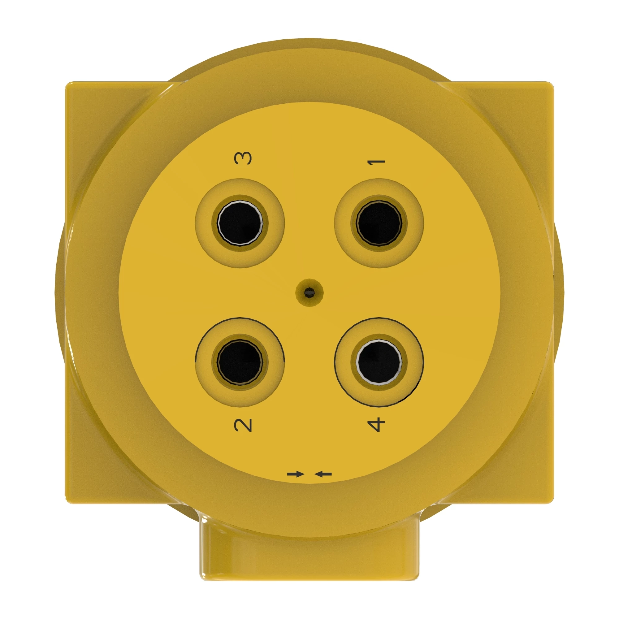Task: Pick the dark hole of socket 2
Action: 240,362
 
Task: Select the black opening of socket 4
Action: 379,362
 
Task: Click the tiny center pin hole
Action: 309,292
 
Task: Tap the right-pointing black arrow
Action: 295,474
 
